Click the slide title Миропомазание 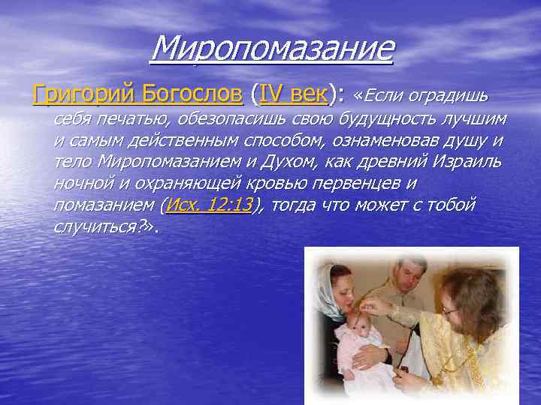click(x=272, y=49)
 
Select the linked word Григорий click(x=80, y=95)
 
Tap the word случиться click(x=96, y=226)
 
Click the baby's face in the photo click(x=354, y=316)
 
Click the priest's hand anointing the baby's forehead click(x=373, y=305)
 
